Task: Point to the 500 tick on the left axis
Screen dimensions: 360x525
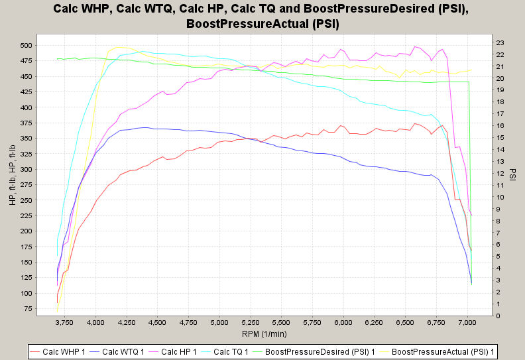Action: (x=44, y=45)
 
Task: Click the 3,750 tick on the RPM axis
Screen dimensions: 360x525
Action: (x=64, y=322)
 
